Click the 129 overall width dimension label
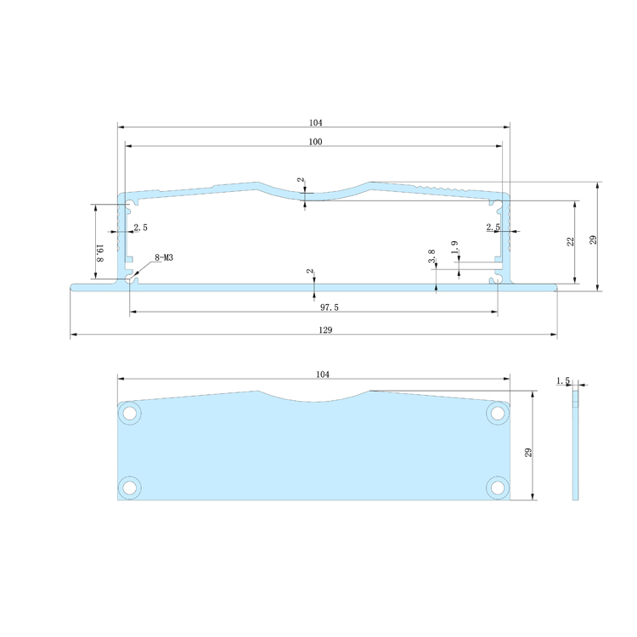(315, 330)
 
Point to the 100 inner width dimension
(315, 142)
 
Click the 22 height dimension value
(571, 242)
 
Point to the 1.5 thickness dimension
(562, 381)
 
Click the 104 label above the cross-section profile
(315, 122)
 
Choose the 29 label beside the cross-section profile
(594, 239)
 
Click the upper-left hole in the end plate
(130, 413)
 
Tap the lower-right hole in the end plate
(497, 487)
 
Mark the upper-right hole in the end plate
(497, 413)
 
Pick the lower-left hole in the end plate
(130, 487)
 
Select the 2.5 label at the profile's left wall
(140, 227)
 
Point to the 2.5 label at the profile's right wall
(493, 227)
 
